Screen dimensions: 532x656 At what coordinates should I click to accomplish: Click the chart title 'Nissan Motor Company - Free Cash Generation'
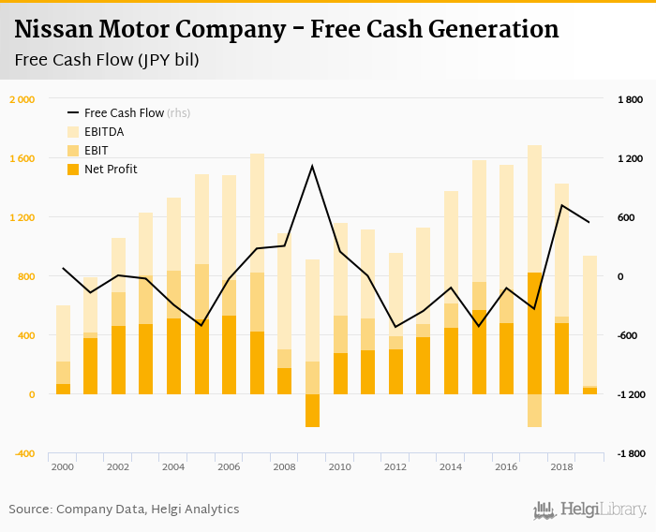(287, 30)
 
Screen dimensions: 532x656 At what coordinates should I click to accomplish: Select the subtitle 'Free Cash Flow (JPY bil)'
(107, 61)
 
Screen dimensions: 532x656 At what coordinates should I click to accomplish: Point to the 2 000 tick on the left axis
(22, 99)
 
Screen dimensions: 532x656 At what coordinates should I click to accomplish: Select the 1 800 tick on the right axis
(630, 99)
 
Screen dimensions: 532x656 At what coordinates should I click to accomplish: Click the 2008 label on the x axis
(284, 466)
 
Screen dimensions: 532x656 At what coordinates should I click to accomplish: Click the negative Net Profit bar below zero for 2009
(312, 410)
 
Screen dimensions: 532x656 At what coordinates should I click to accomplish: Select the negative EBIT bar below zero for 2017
(534, 410)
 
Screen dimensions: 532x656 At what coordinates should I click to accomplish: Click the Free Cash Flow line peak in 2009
(312, 167)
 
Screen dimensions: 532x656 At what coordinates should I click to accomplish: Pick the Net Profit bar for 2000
(63, 389)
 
